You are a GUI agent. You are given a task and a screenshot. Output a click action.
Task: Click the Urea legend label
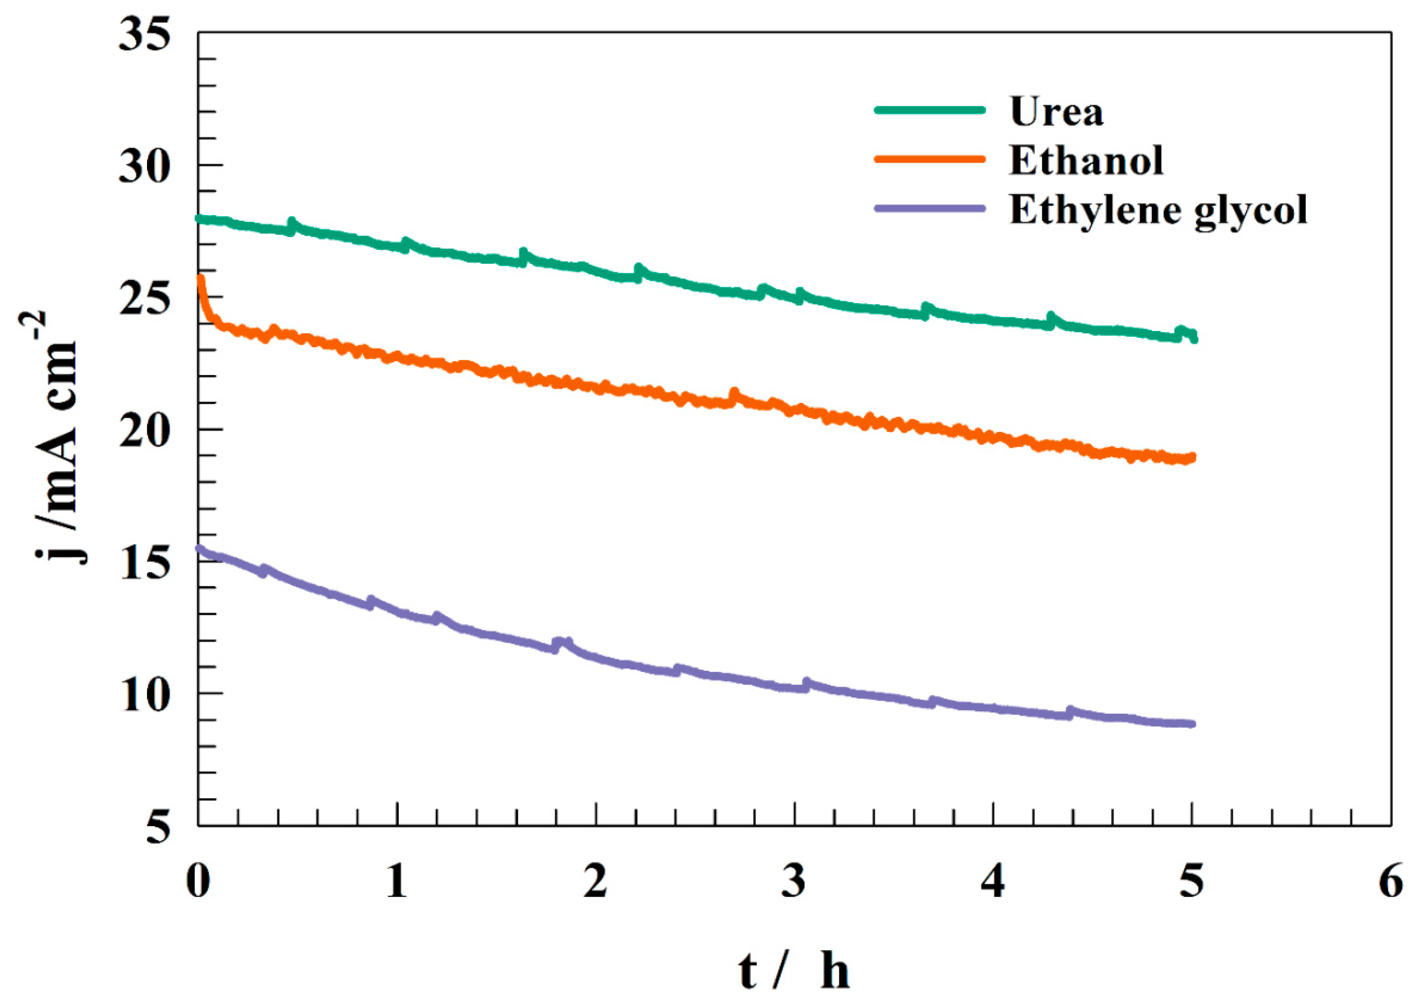(x=1056, y=112)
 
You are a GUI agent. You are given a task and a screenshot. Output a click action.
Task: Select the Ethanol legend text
(x=1086, y=161)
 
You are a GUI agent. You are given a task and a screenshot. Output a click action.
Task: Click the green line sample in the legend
(x=929, y=110)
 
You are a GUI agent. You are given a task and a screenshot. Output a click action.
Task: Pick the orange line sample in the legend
(x=929, y=159)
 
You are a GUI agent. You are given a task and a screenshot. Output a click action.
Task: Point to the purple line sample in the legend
(x=929, y=208)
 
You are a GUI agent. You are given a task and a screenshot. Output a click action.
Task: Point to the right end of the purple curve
(x=1192, y=723)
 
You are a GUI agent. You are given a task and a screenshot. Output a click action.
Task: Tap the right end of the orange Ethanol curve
(x=1192, y=458)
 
